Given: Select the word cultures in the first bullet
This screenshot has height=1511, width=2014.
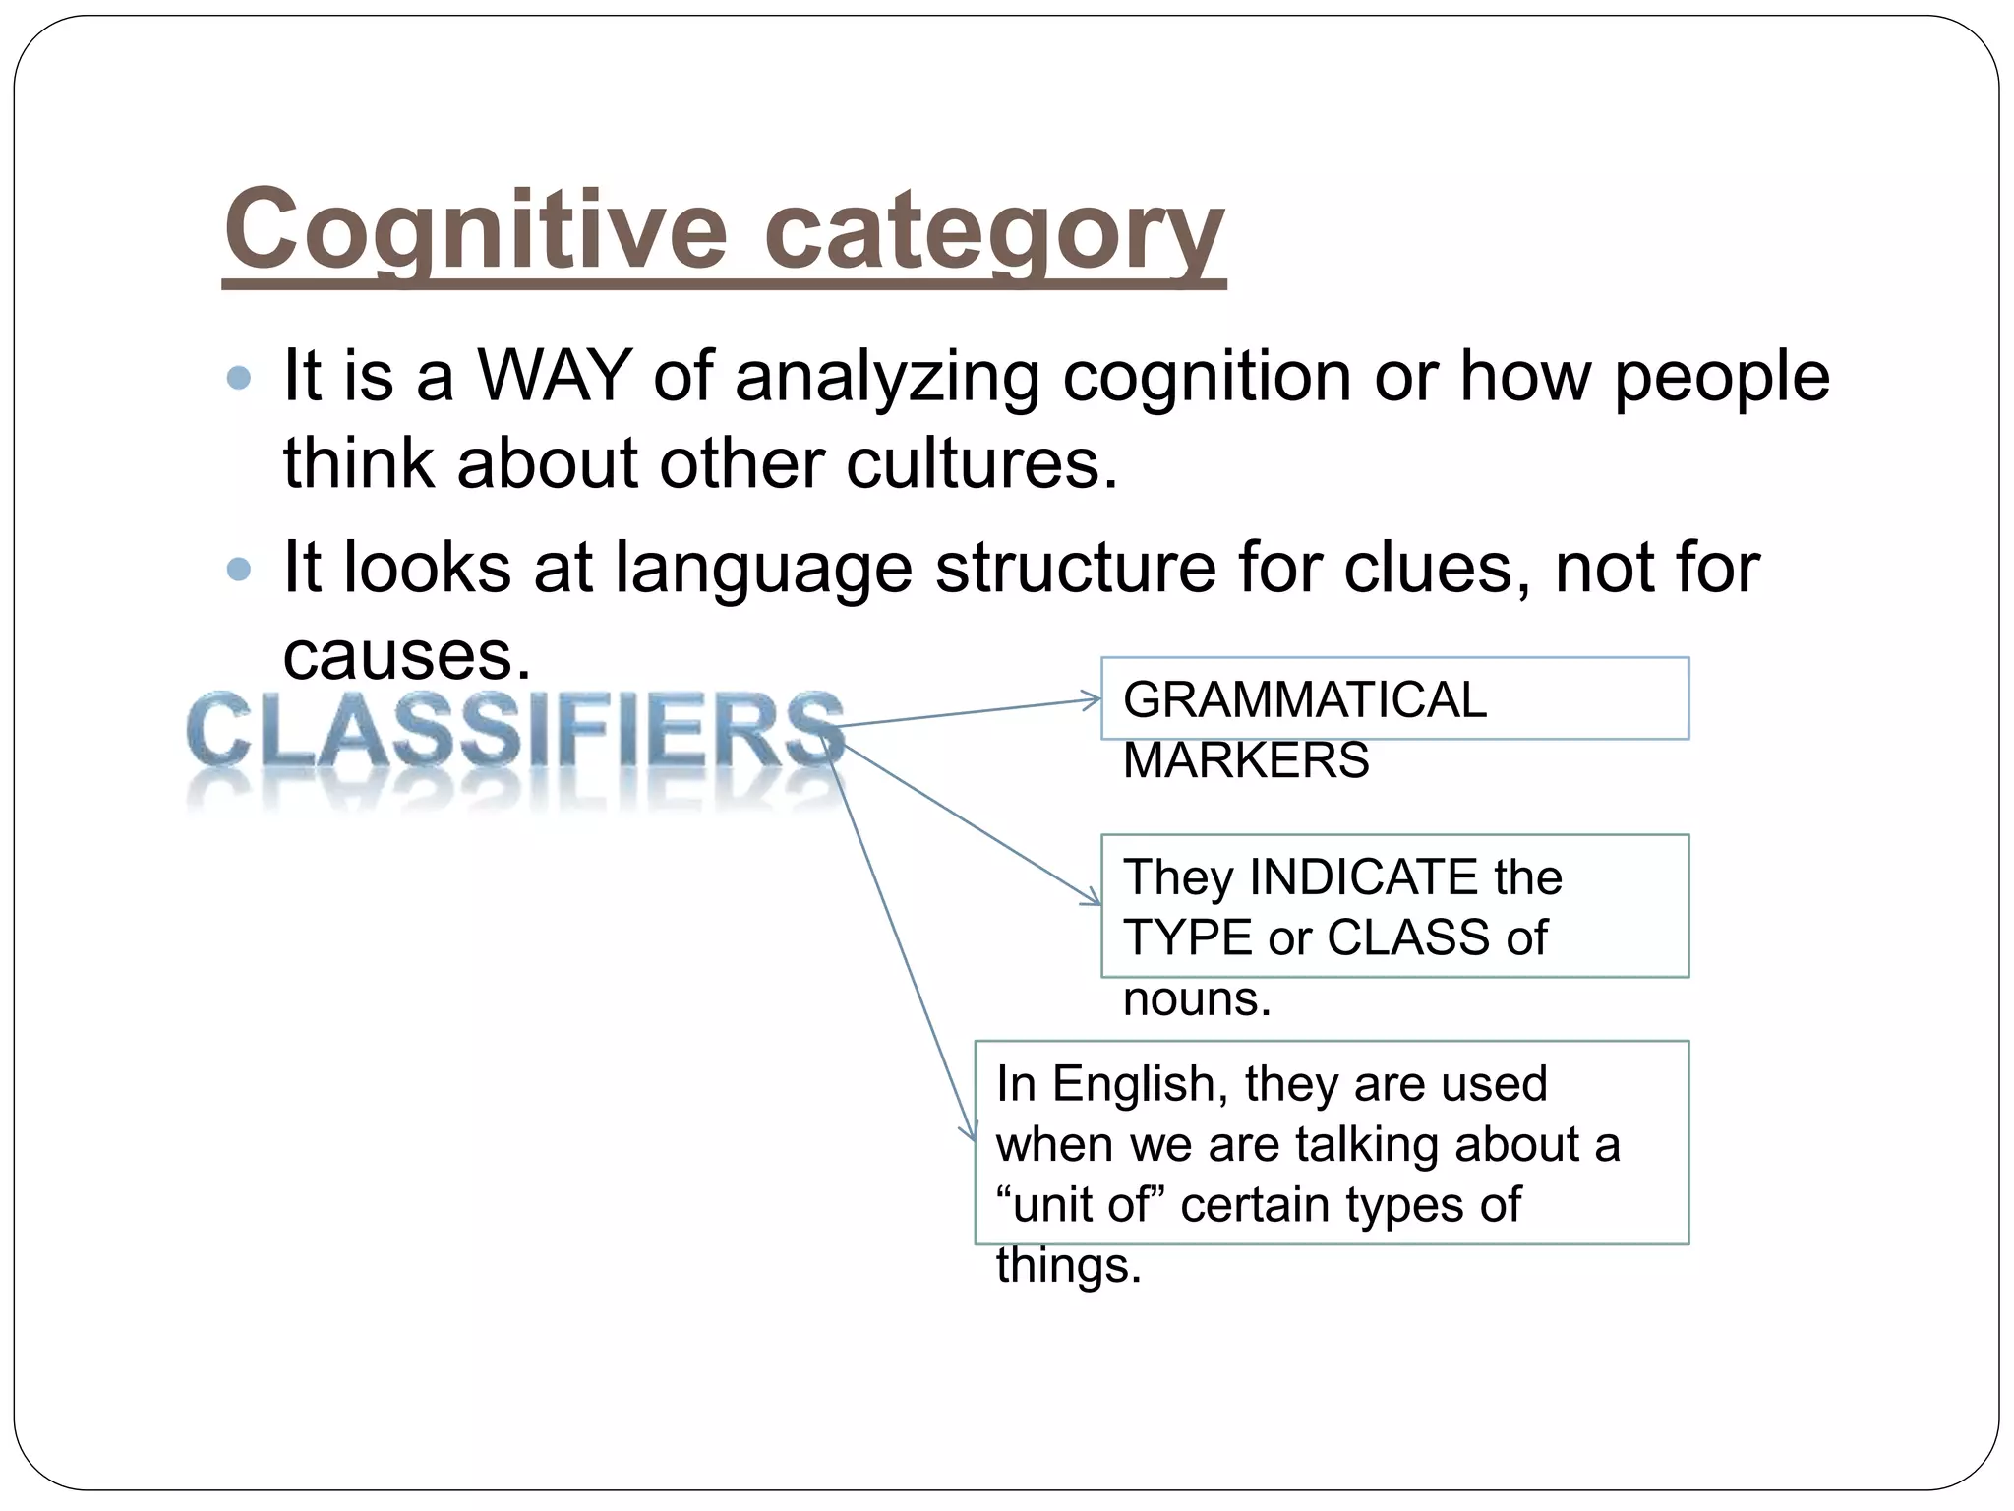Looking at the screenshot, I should [x=981, y=462].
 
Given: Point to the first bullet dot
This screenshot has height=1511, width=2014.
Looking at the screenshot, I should [x=239, y=377].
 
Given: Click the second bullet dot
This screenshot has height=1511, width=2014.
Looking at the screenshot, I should [x=239, y=569].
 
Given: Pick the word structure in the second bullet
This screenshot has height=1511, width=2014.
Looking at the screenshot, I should [x=1076, y=568].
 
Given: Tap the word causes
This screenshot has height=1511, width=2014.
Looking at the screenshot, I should [x=406, y=654].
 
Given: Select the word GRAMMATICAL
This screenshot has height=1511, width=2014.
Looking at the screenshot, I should [x=1304, y=699].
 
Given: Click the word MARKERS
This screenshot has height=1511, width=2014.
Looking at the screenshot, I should [x=1246, y=760].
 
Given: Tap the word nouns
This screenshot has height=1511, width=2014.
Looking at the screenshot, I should [x=1197, y=998].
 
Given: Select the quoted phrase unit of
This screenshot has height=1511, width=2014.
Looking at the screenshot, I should [x=1080, y=1205].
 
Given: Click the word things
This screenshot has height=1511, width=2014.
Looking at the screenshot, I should [x=1068, y=1266].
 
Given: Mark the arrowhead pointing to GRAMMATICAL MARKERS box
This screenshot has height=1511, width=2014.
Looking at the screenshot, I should [x=1094, y=700].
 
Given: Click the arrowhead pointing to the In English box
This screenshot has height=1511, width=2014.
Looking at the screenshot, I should [x=972, y=1133].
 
